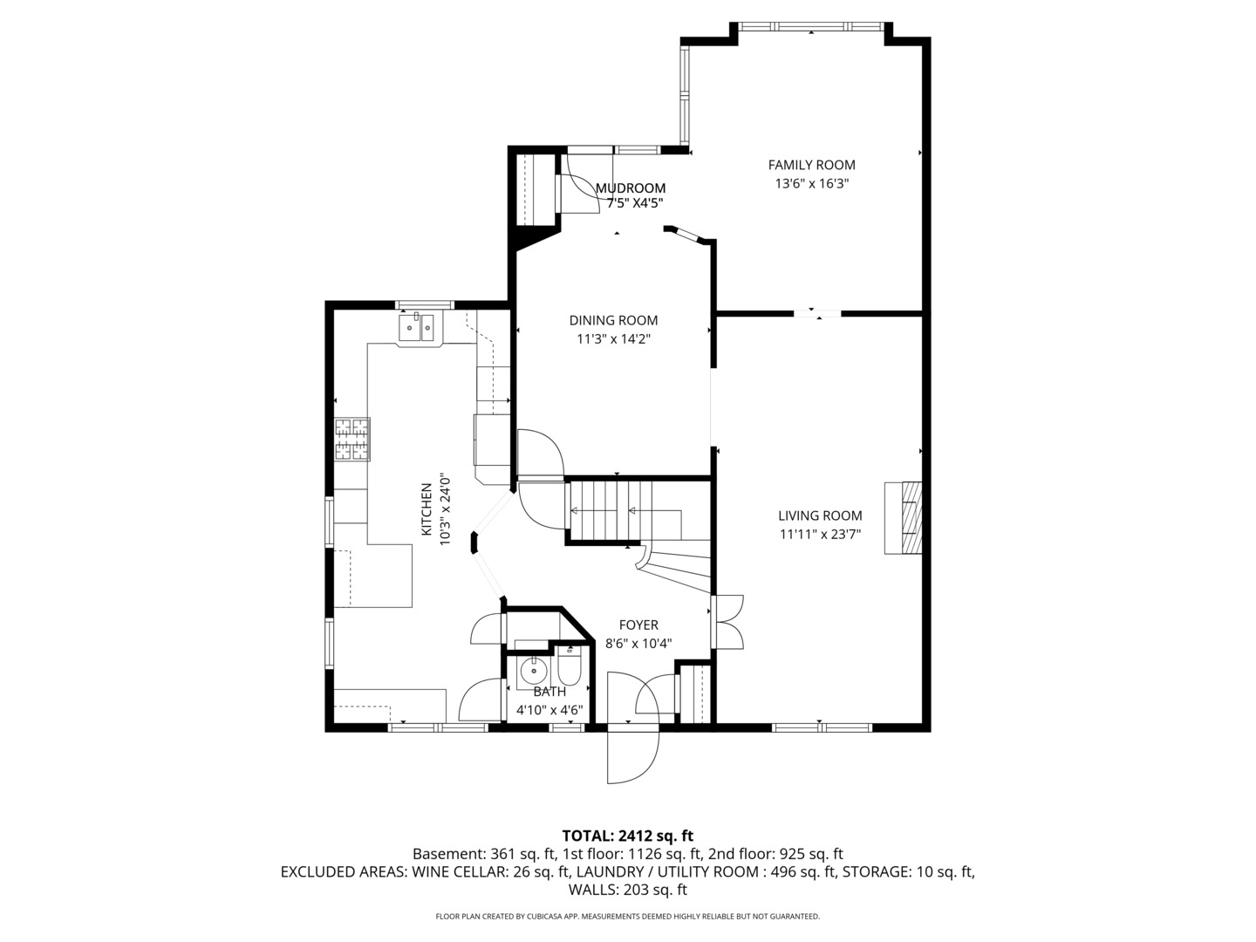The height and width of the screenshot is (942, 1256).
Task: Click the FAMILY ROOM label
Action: (811, 165)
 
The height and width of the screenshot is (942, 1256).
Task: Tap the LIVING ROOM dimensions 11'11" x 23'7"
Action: (820, 535)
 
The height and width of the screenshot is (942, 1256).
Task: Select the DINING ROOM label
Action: (613, 320)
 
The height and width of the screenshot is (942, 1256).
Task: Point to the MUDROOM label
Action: (630, 188)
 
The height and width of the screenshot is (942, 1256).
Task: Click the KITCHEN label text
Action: (427, 509)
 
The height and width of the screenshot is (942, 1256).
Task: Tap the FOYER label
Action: (638, 625)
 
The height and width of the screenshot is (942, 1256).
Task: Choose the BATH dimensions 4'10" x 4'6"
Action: (549, 710)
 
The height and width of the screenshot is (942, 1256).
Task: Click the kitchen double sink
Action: (417, 328)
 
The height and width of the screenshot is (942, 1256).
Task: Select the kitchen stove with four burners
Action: (352, 440)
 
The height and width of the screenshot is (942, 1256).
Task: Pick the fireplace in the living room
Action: (904, 518)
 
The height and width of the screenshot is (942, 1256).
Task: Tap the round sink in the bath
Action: (533, 672)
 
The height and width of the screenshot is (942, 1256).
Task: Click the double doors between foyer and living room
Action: (727, 622)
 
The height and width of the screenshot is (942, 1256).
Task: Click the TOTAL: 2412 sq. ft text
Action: (627, 836)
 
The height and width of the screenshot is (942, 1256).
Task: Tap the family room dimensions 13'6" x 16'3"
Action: (811, 184)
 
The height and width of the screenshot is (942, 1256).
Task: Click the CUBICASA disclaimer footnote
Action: (627, 916)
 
